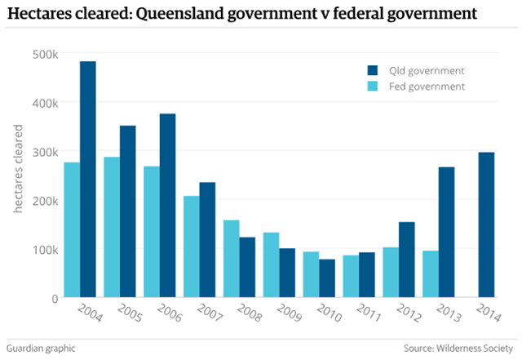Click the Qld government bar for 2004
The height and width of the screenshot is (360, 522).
click(x=88, y=180)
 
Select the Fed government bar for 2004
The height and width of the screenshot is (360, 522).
click(x=72, y=230)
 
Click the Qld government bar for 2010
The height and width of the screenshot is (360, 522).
click(x=327, y=278)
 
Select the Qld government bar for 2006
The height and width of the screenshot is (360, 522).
click(x=167, y=206)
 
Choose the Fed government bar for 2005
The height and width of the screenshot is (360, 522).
click(x=112, y=227)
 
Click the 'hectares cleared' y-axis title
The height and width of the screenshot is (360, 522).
click(x=18, y=176)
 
